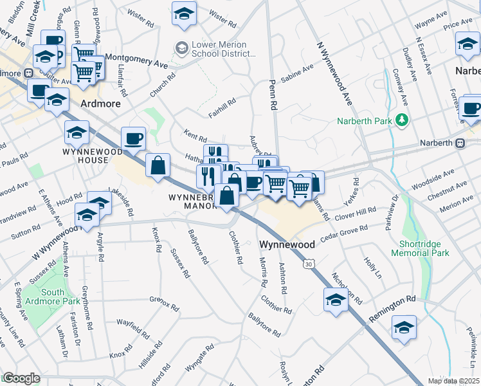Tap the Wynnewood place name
click(287, 245)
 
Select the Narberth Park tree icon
click(402, 120)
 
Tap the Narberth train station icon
click(460, 143)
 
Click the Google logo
click(21, 378)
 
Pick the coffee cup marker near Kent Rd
click(133, 138)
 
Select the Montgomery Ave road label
click(136, 60)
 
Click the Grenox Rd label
click(163, 302)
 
